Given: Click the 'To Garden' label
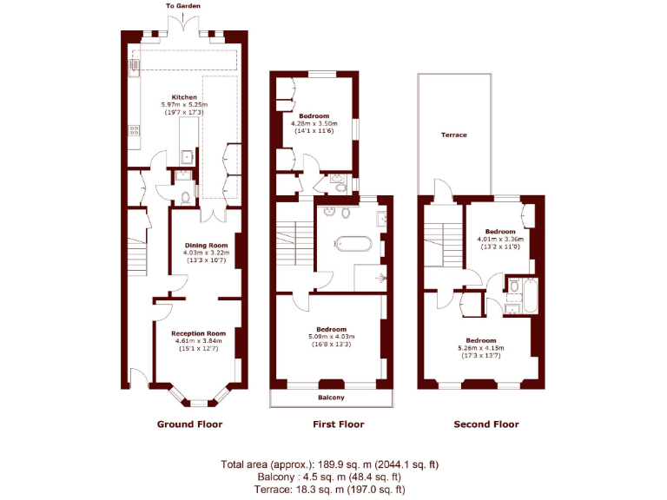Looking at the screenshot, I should point(184,6).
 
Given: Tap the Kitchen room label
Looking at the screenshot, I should point(184,97).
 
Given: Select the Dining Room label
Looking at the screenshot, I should point(205,246).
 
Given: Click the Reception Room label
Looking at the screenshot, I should point(198,333).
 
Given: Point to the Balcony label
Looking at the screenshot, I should point(331,398).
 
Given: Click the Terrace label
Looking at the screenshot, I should point(453,135).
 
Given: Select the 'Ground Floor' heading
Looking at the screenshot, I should point(189,424).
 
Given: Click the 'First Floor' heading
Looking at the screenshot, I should point(338,424).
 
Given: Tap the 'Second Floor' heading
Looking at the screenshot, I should point(486,424).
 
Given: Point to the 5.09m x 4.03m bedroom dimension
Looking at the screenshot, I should point(331,337).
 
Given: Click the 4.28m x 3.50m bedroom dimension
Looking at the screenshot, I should point(314,123).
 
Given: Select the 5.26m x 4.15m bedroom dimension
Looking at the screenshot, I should point(480,348).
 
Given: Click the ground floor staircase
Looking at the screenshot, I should point(137,254).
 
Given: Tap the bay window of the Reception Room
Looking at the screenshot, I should point(198,400).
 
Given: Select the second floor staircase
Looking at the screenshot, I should point(443,242).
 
